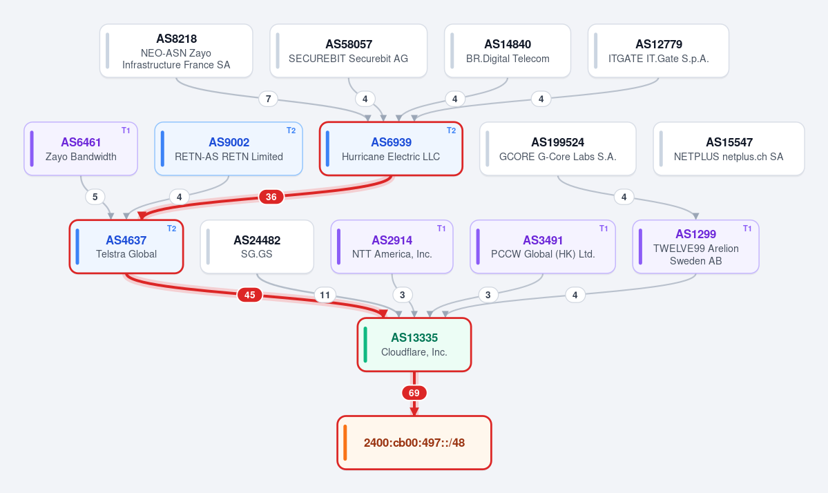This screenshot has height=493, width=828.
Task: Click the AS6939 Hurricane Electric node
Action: click(x=391, y=149)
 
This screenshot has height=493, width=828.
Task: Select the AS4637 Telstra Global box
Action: click(x=126, y=246)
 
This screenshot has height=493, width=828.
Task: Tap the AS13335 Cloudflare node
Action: click(x=414, y=345)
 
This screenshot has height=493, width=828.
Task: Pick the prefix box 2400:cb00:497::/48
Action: click(x=414, y=443)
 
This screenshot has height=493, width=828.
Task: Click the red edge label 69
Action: click(x=414, y=393)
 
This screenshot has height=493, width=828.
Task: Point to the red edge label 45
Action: click(x=250, y=295)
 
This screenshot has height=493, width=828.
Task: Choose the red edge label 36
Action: click(x=271, y=197)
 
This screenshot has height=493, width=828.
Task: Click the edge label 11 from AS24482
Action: click(x=325, y=295)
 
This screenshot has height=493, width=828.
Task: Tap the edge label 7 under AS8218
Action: click(x=268, y=99)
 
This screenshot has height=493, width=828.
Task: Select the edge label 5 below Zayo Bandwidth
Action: click(x=95, y=197)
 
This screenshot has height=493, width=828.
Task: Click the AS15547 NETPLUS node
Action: click(x=729, y=149)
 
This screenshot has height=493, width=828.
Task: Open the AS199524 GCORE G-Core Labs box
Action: click(x=557, y=149)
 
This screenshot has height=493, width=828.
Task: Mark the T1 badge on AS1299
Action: click(x=747, y=229)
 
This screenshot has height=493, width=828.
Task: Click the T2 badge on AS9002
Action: click(x=291, y=130)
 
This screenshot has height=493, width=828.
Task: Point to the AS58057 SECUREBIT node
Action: click(x=349, y=50)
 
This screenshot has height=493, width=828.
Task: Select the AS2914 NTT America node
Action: click(x=392, y=246)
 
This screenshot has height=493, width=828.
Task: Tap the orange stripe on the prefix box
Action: click(x=345, y=443)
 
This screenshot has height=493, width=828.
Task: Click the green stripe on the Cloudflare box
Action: click(x=365, y=345)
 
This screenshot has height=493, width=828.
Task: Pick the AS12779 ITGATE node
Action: click(x=659, y=50)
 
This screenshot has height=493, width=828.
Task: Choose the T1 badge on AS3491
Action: click(x=604, y=229)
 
